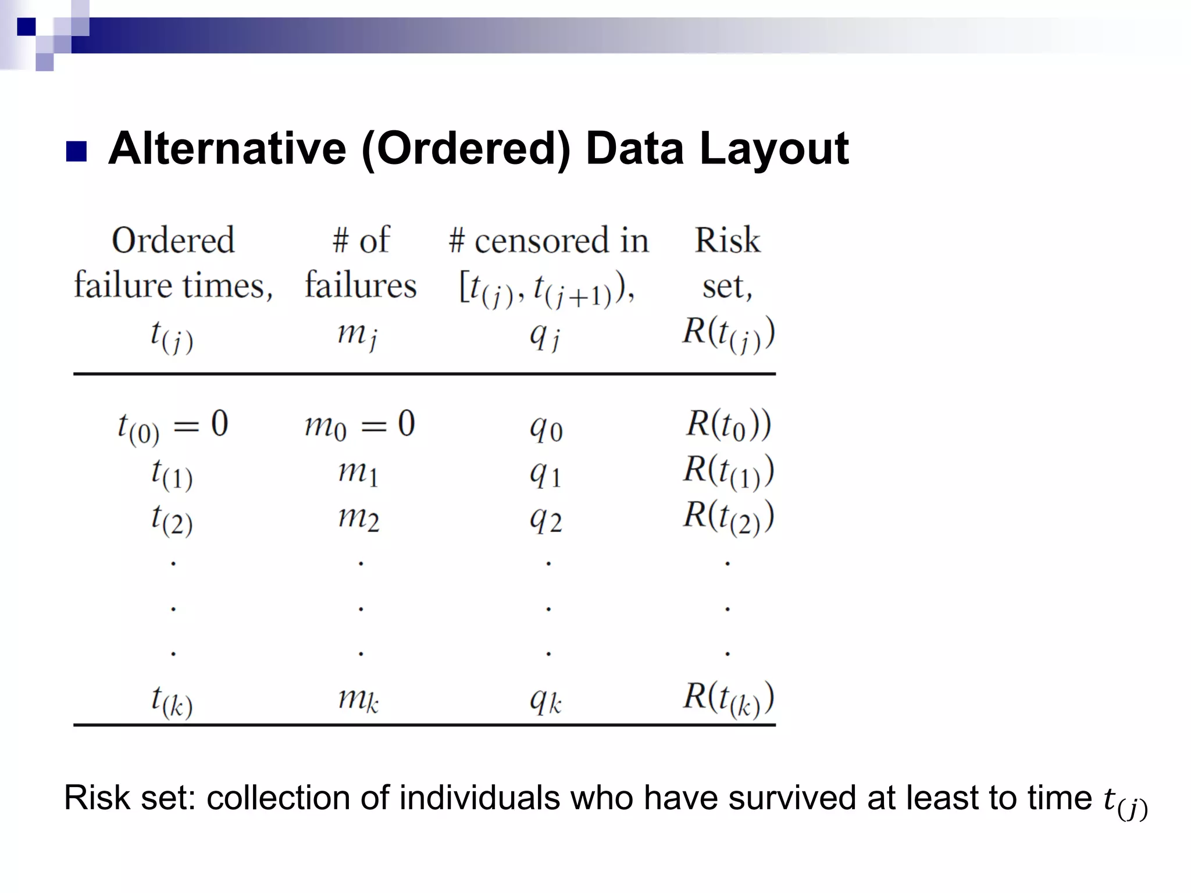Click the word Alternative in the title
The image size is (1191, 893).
coord(227,149)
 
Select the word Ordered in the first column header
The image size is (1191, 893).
coord(173,240)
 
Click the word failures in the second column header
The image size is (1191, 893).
coord(361,285)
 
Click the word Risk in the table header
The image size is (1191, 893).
coord(727,240)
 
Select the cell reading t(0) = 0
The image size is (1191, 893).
coord(173,426)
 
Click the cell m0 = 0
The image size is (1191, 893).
coord(359,425)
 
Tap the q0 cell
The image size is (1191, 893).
coord(545,429)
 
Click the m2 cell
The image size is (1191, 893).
coord(359,517)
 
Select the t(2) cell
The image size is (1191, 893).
coord(172,519)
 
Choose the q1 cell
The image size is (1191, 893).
coord(545,474)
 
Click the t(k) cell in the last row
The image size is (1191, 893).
coord(172,701)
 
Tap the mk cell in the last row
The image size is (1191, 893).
coord(359,699)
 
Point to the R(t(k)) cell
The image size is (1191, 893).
coord(728,699)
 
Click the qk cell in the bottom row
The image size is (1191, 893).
coord(545,701)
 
